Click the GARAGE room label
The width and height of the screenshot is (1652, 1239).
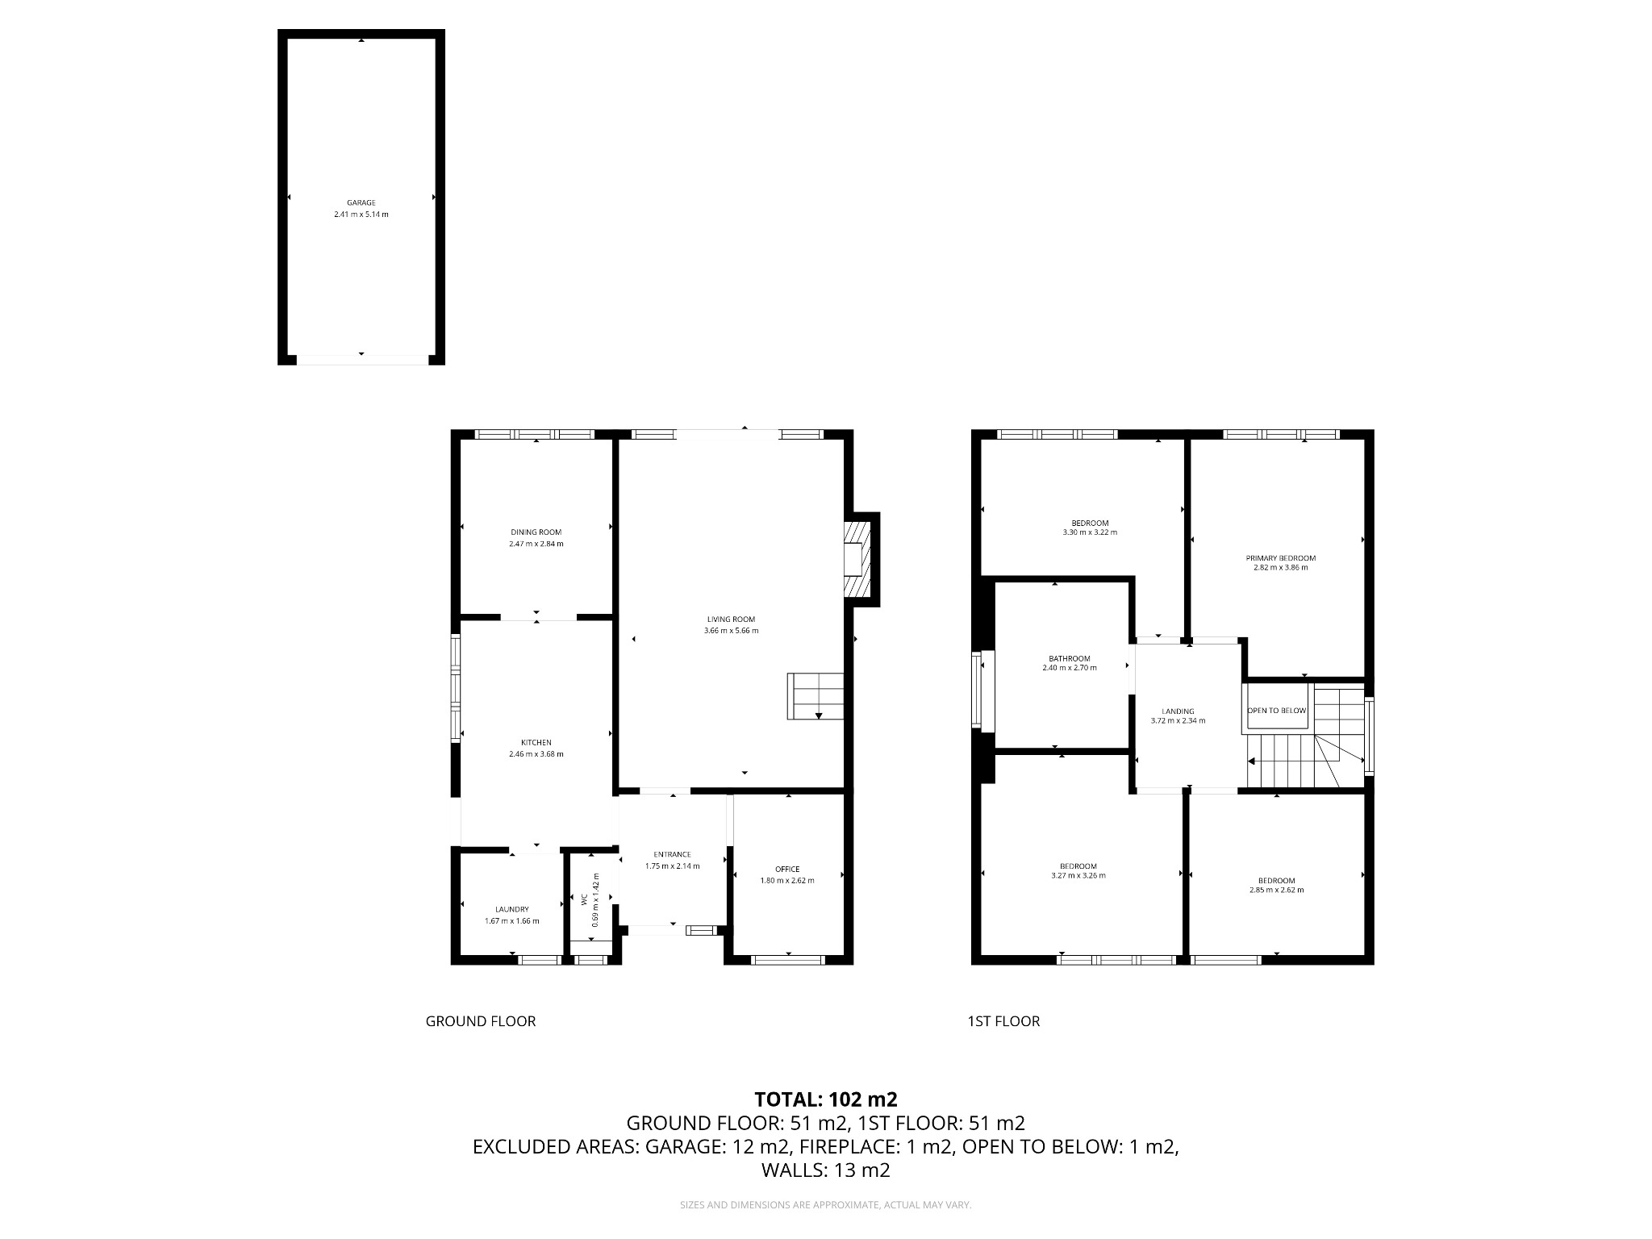361,202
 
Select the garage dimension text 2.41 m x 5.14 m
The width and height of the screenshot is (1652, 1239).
361,215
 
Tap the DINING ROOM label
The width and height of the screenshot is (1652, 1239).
536,532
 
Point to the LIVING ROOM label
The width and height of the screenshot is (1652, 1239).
731,619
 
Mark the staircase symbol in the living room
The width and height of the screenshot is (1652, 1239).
815,696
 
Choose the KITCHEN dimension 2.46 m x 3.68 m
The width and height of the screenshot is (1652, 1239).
536,754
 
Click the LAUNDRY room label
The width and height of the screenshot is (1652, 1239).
511,909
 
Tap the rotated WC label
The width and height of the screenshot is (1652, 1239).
585,899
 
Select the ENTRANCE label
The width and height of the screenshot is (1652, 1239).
672,854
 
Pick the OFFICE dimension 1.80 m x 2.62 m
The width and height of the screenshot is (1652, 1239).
787,880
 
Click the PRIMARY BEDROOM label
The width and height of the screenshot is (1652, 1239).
1280,558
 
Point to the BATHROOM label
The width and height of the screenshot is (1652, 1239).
1069,658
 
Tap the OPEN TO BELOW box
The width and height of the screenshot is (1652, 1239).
1276,711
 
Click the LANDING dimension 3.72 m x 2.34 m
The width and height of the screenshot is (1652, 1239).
1178,720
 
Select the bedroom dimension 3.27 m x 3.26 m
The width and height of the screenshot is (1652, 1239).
1078,875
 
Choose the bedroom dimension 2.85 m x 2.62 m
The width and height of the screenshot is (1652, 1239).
1276,890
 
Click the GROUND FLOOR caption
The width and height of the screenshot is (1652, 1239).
481,1021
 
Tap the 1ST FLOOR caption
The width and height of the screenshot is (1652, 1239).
1003,1021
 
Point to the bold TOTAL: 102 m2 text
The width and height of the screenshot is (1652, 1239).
826,1099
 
